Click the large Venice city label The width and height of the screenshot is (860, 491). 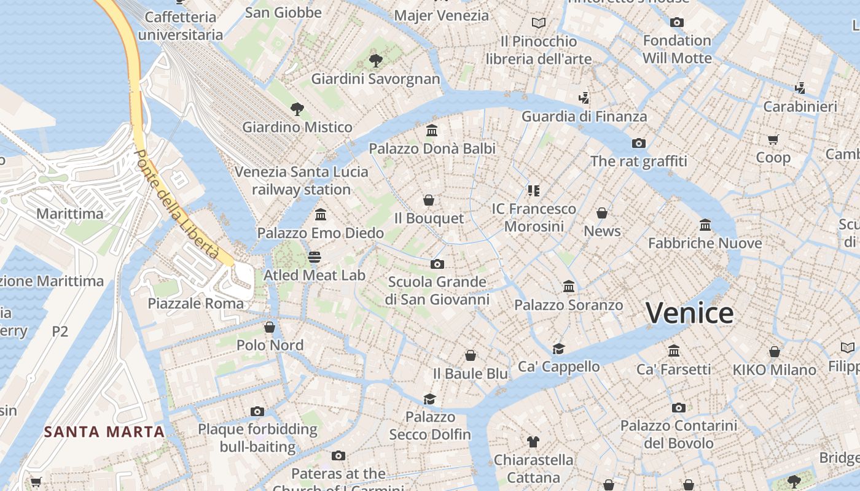click(689, 313)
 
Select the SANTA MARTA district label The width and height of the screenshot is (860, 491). click(104, 431)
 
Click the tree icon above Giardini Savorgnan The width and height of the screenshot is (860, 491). click(375, 61)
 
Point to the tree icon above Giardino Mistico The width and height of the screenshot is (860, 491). click(297, 109)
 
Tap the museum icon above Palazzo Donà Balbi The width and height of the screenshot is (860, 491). click(432, 131)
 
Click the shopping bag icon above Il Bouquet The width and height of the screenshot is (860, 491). click(429, 200)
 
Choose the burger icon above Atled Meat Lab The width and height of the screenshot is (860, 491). click(315, 257)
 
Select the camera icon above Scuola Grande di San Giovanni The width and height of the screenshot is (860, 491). click(437, 264)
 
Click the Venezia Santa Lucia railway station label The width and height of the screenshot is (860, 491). click(302, 180)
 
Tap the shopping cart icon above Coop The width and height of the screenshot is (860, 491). click(773, 139)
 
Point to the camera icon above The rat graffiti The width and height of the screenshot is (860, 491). click(639, 143)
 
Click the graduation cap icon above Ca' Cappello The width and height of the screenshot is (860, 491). click(558, 349)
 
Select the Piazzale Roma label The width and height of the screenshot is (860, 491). click(196, 303)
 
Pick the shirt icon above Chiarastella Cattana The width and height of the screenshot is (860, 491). click(533, 441)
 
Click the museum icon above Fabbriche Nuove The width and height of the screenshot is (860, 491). click(705, 225)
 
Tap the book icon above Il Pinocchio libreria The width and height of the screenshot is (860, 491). click(539, 23)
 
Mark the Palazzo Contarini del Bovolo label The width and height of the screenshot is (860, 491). click(679, 434)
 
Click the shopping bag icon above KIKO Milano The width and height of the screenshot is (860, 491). click(775, 352)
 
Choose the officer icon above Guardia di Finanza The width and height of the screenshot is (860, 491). click(584, 98)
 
